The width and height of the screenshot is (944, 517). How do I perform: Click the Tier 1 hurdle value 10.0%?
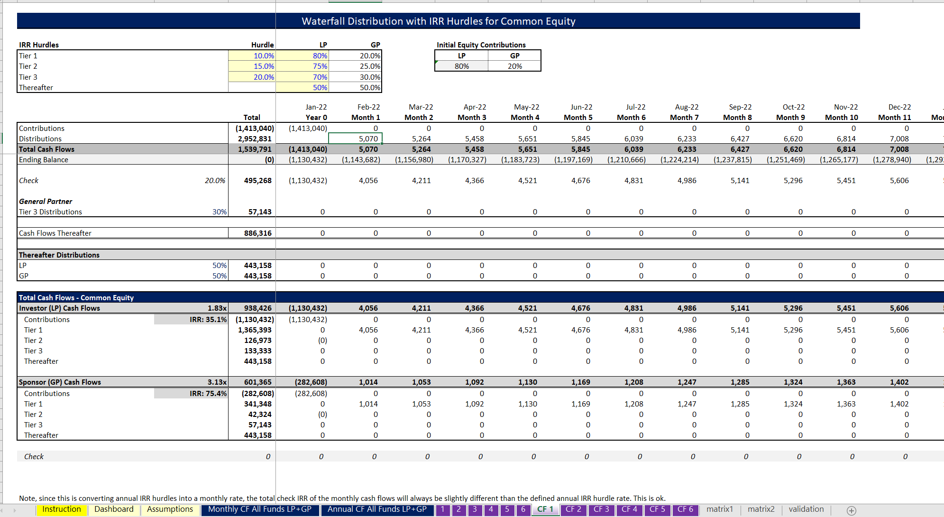click(x=263, y=56)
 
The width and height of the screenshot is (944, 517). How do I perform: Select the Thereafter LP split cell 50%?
click(x=320, y=88)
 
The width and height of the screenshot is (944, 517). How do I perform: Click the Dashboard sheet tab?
click(x=114, y=509)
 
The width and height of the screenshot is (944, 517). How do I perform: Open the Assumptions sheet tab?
click(x=170, y=509)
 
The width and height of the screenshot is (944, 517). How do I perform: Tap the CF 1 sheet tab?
click(x=545, y=509)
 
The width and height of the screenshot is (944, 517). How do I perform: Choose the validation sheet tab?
click(x=806, y=509)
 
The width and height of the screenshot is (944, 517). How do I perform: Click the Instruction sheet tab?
click(x=62, y=509)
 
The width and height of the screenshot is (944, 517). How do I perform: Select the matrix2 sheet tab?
click(x=761, y=509)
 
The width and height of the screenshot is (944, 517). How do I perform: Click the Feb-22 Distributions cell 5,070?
click(x=368, y=139)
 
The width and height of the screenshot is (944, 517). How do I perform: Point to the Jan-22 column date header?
click(x=316, y=107)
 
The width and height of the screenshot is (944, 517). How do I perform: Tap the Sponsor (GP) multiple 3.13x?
click(x=217, y=382)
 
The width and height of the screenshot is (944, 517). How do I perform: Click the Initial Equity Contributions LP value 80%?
click(x=461, y=66)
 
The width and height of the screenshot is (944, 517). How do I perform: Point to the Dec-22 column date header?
click(x=899, y=107)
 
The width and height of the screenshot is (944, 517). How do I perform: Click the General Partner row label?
click(x=46, y=202)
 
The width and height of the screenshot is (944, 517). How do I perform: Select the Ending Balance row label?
click(x=44, y=160)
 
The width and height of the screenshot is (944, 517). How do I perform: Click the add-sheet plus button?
click(x=852, y=510)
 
